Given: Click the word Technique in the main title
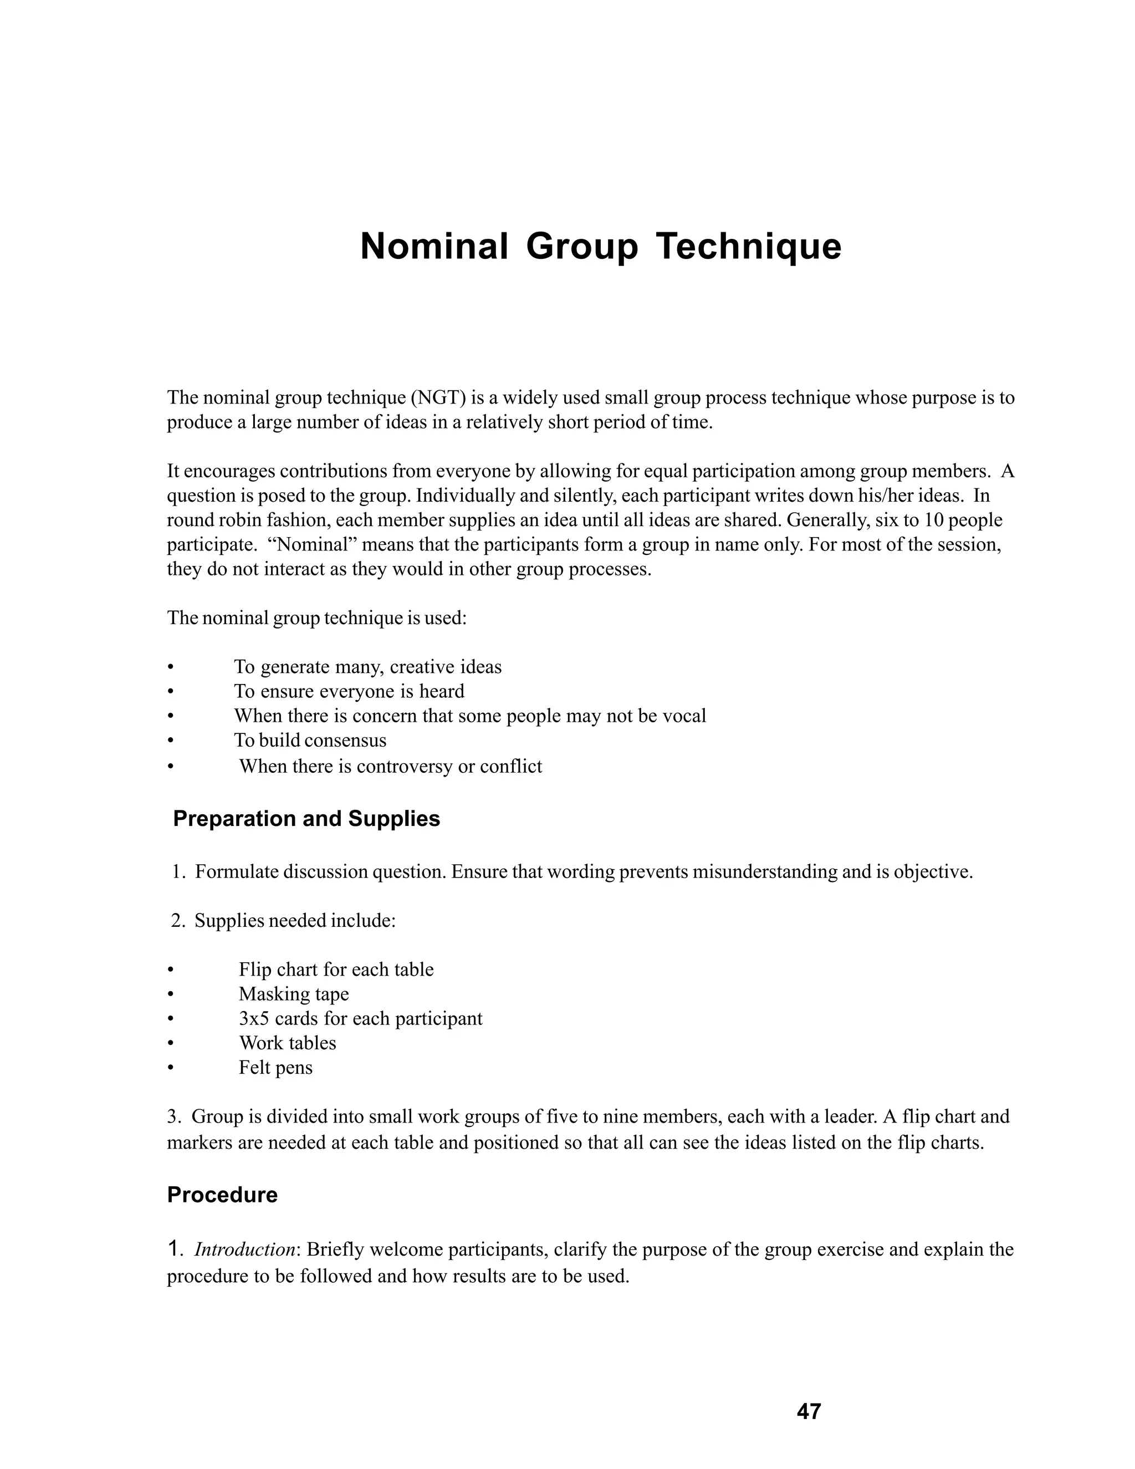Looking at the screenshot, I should [x=748, y=246].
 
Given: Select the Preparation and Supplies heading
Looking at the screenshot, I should [x=306, y=819].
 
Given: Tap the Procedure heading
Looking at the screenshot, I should [x=222, y=1195].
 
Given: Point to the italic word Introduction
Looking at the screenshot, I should [x=245, y=1249].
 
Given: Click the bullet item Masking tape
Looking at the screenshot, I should [x=294, y=994].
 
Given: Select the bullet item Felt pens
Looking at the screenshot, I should [x=275, y=1068].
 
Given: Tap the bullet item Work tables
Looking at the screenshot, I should [x=287, y=1043].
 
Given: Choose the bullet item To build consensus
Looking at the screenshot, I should [x=310, y=741].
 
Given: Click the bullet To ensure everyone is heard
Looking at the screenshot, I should [x=349, y=691].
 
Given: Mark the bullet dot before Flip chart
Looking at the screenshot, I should [x=171, y=970].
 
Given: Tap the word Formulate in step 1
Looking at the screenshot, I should [x=236, y=873].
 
